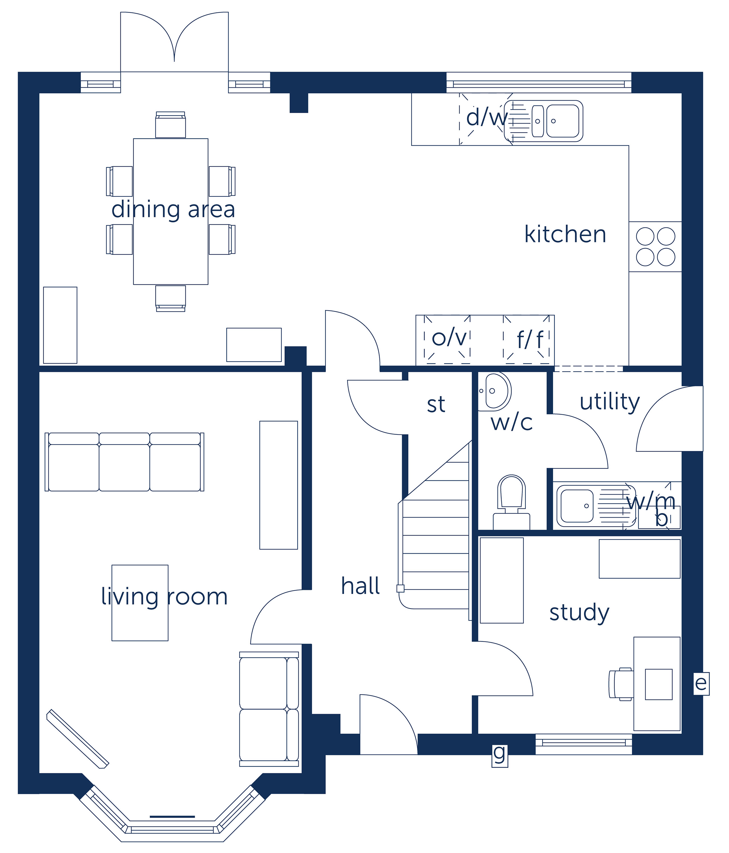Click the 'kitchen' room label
(x=565, y=234)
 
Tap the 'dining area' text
(x=173, y=210)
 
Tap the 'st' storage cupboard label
(x=436, y=405)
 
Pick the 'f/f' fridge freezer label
(x=530, y=340)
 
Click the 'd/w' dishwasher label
(x=486, y=117)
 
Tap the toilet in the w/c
(x=511, y=502)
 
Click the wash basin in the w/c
(x=493, y=391)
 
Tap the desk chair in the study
(x=621, y=684)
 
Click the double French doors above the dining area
(x=174, y=41)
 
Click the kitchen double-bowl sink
(x=543, y=121)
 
